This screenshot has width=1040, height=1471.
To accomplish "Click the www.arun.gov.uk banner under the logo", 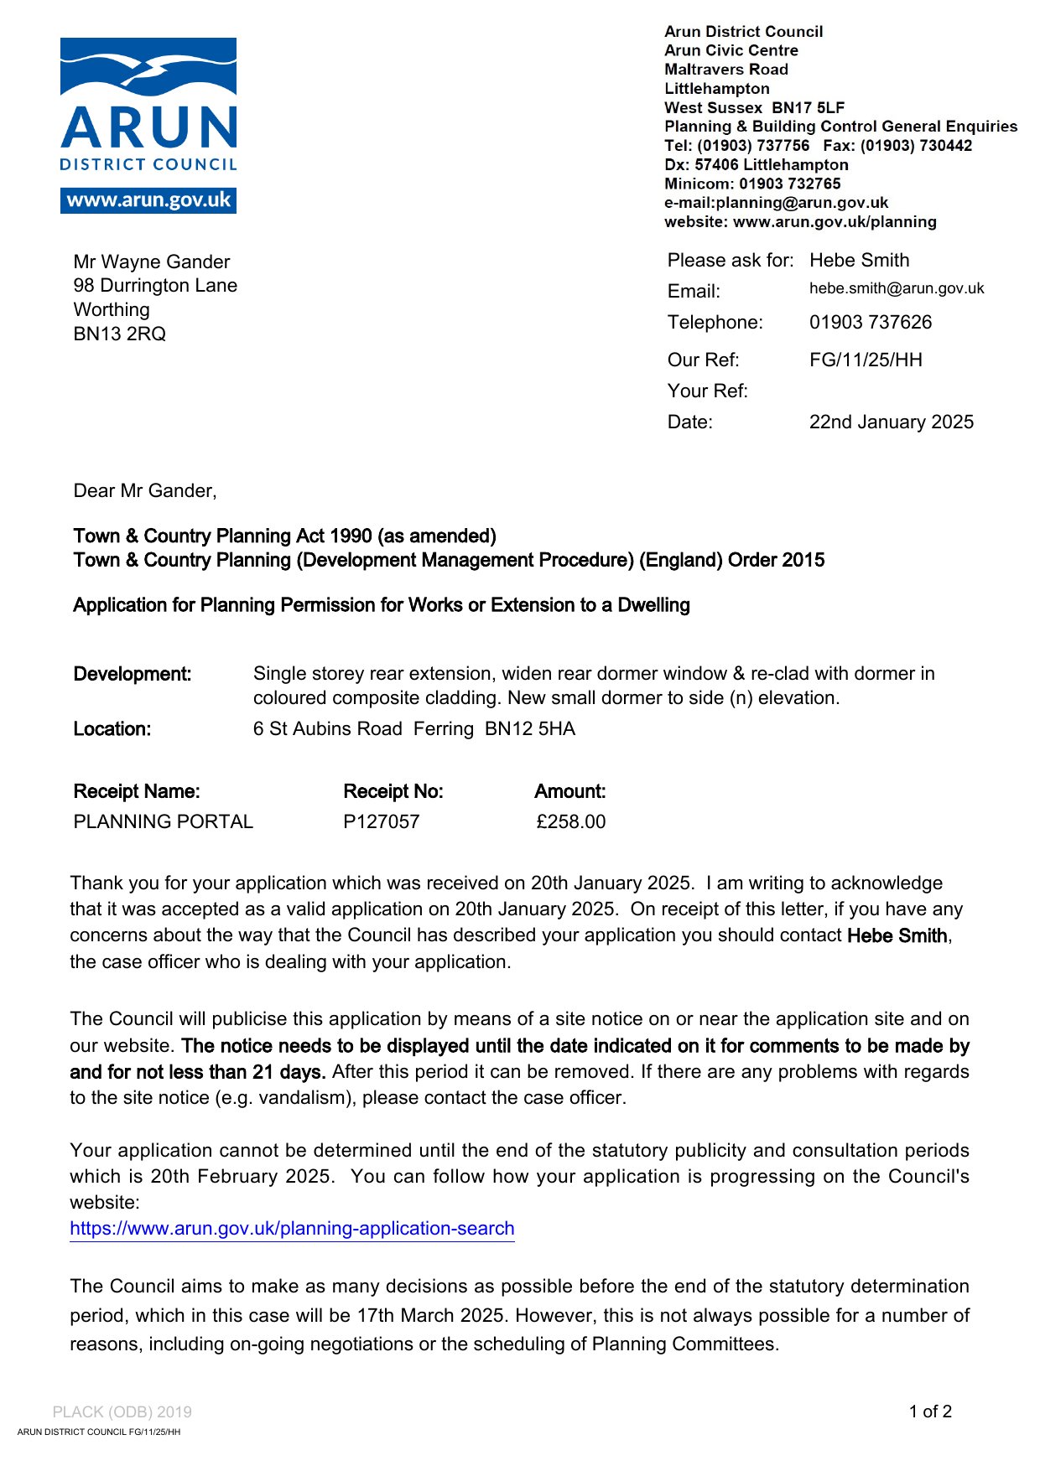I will [x=148, y=200].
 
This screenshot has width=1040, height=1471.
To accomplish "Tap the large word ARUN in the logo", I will [x=149, y=128].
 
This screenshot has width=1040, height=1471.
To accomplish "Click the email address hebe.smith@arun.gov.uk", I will [x=897, y=288].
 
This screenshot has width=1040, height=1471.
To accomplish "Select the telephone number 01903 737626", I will [x=870, y=323].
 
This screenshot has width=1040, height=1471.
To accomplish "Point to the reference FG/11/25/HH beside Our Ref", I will [x=866, y=360].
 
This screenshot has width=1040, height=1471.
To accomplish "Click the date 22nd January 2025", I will [x=891, y=422].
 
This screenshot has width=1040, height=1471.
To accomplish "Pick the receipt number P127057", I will [x=381, y=821].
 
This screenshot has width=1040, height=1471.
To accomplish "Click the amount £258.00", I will [x=570, y=821].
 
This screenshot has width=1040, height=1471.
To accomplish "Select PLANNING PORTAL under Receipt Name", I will [x=164, y=821].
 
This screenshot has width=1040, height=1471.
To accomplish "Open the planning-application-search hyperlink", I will [x=292, y=1229].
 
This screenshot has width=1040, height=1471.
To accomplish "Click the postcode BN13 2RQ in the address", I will [x=120, y=334].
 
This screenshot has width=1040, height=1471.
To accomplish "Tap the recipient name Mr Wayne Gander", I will [x=152, y=262].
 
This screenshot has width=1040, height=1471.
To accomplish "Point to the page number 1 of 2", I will [x=930, y=1411].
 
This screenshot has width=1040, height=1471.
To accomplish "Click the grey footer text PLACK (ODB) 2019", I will [x=122, y=1411].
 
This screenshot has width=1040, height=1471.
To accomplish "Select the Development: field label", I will [x=133, y=675].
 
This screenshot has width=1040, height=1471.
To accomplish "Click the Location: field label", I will [x=112, y=729].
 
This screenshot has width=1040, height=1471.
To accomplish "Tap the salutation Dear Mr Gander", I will [x=145, y=491].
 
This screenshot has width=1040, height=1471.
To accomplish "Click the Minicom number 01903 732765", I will [x=789, y=184].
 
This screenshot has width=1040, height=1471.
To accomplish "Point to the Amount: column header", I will [x=569, y=791].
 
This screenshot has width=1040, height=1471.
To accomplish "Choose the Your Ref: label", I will [x=707, y=391].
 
